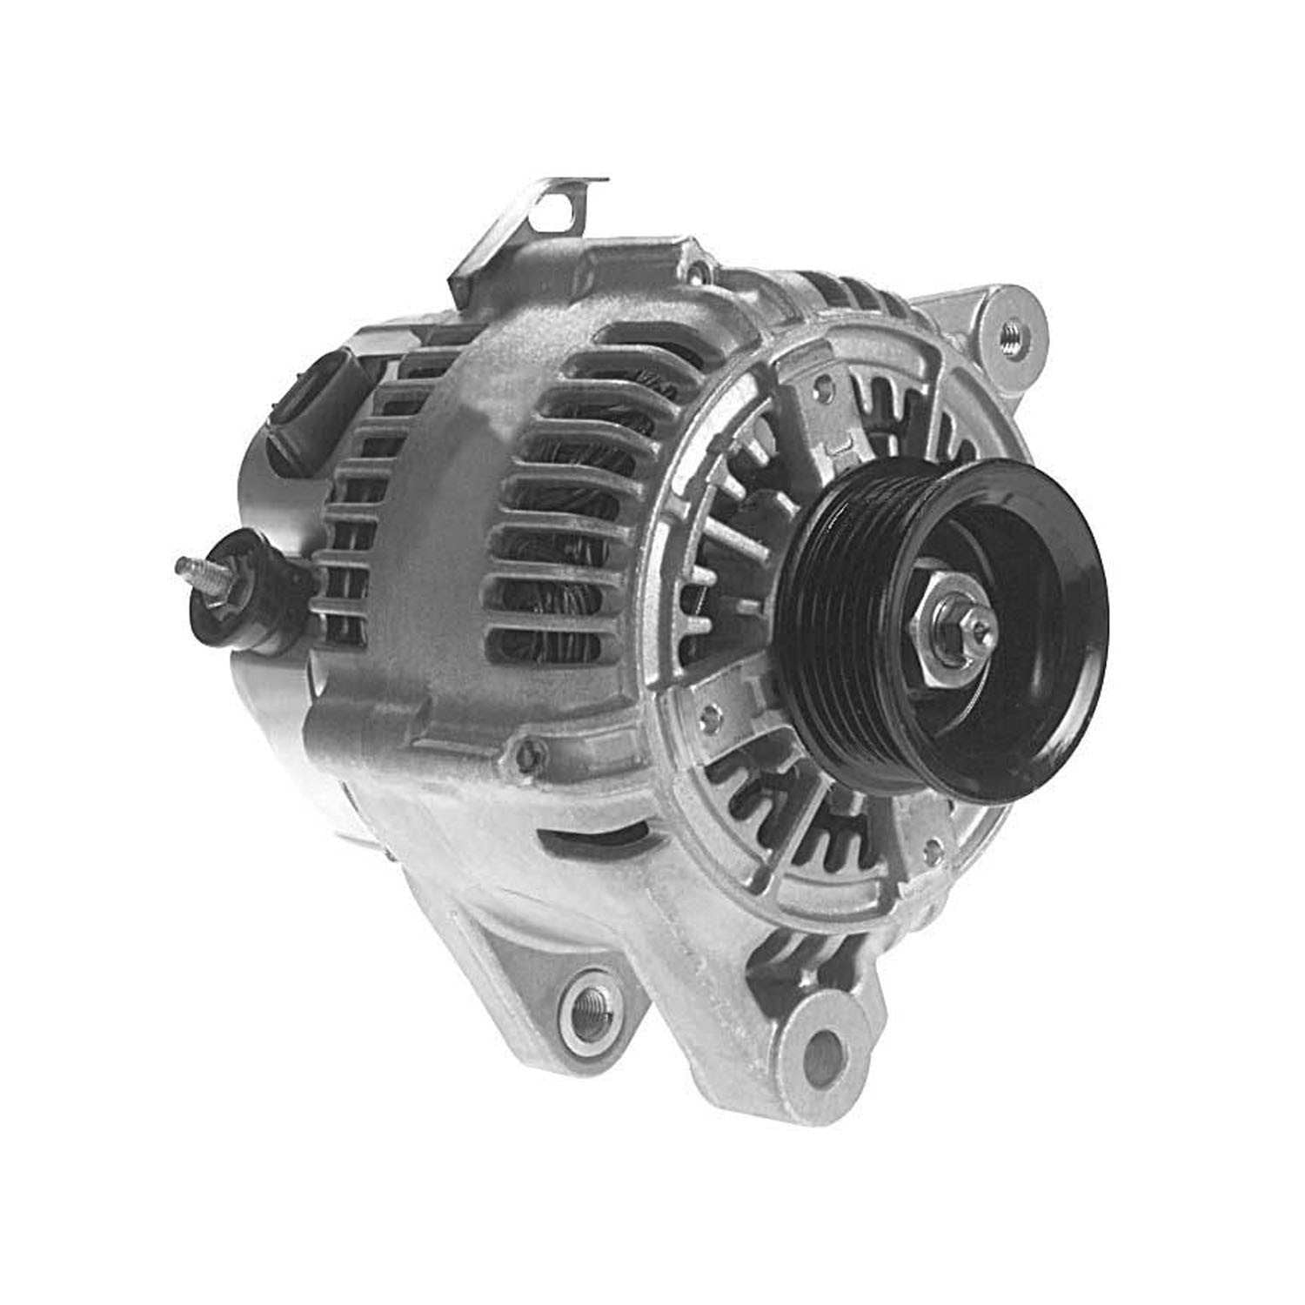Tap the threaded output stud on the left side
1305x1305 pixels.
click(190, 570)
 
